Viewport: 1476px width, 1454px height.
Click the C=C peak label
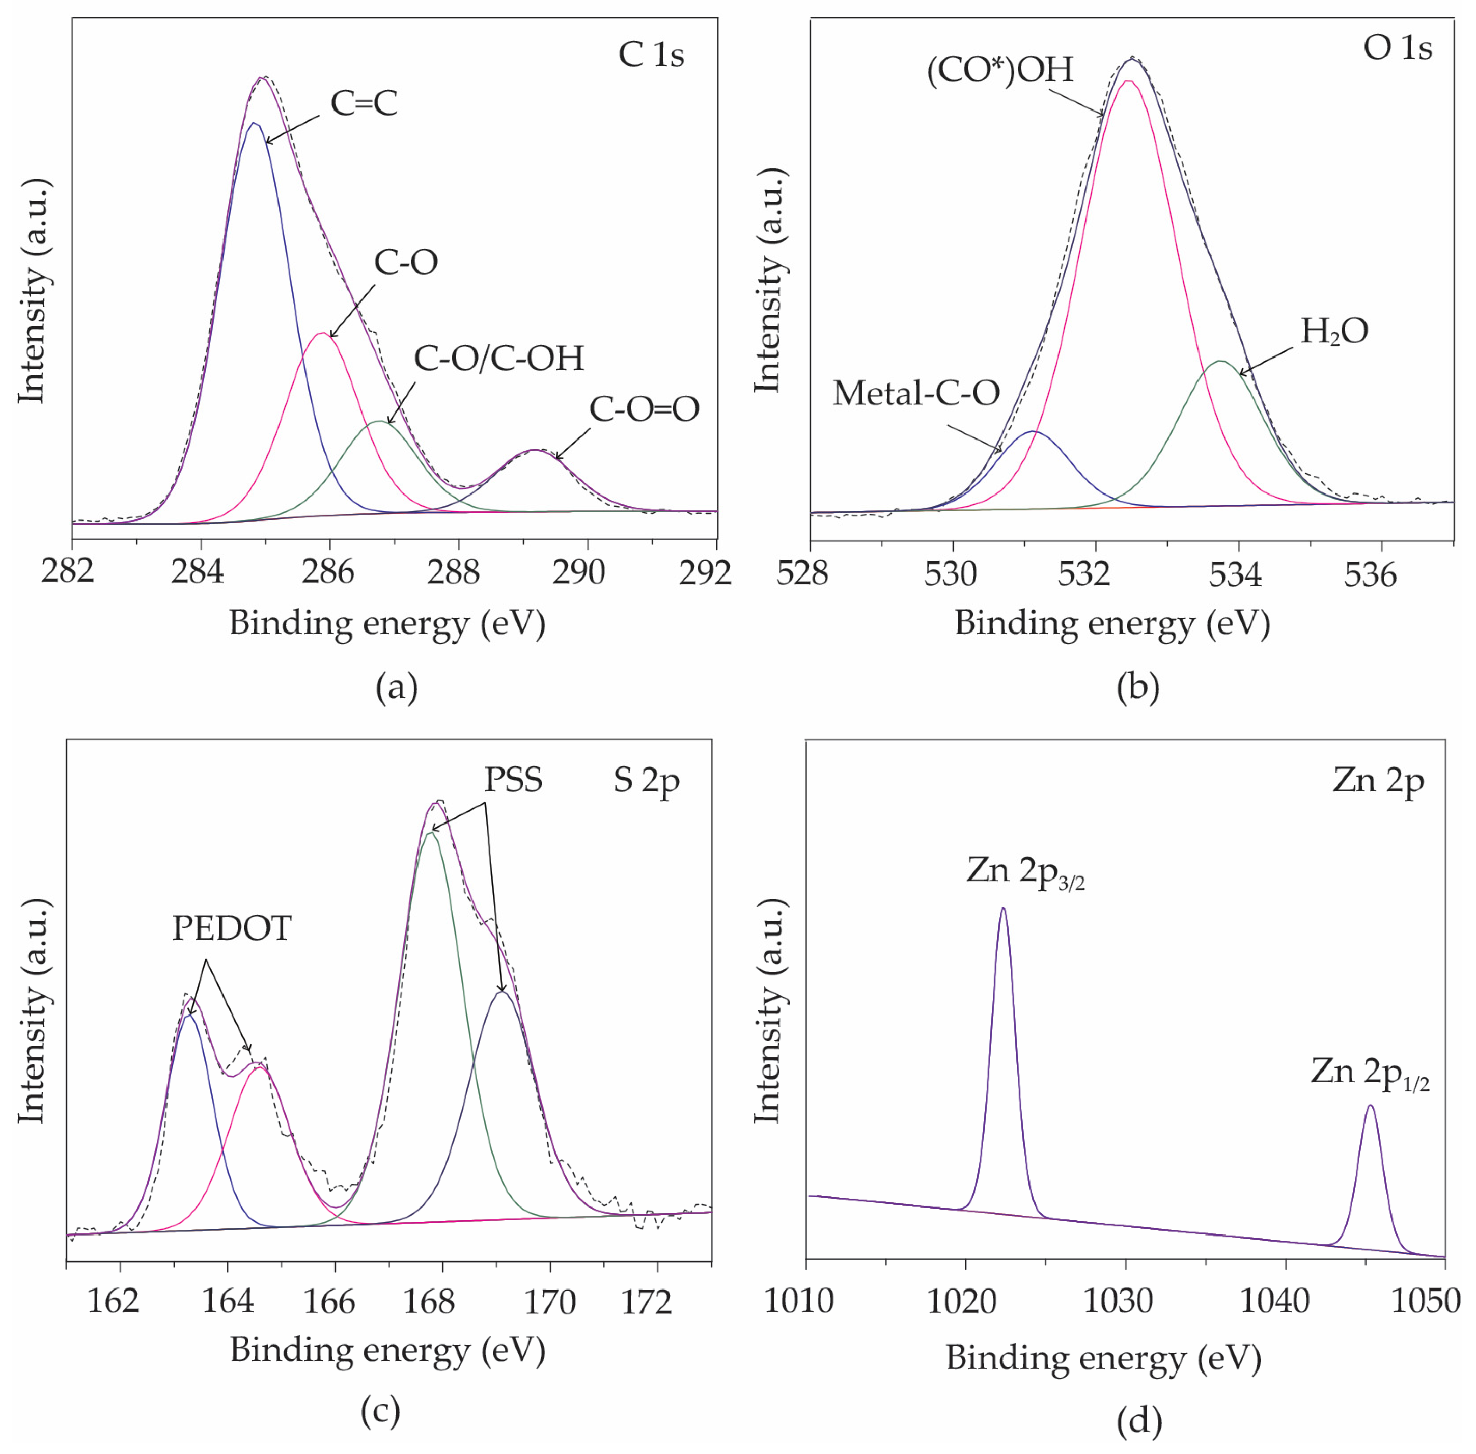pyautogui.click(x=364, y=103)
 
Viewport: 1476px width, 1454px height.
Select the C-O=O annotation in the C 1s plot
pyautogui.click(x=644, y=409)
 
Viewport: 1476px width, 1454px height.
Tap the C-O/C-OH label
pyautogui.click(x=498, y=358)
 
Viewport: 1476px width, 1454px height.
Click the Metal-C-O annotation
pyautogui.click(x=915, y=393)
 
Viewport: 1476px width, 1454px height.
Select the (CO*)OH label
pyautogui.click(x=999, y=70)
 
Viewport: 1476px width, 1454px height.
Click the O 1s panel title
pyautogui.click(x=1398, y=48)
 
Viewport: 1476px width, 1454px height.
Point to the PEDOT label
pyautogui.click(x=231, y=928)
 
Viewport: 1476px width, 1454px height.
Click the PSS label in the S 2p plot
pyautogui.click(x=513, y=780)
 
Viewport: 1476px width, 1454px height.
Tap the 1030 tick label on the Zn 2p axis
pyautogui.click(x=1118, y=1301)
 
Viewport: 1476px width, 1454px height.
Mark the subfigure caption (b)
pyautogui.click(x=1138, y=688)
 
